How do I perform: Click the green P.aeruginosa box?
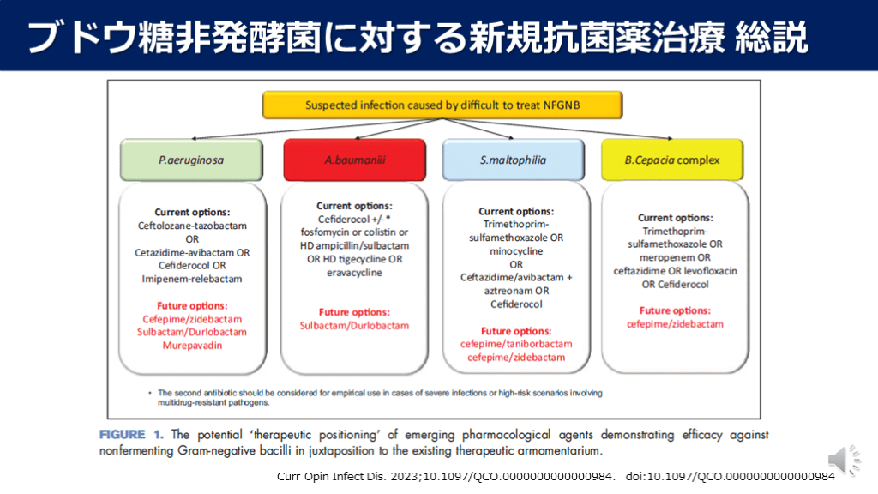(x=191, y=160)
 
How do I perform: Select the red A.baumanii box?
(x=354, y=160)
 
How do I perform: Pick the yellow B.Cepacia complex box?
(x=673, y=160)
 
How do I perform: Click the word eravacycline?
(x=354, y=272)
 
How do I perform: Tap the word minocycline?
(x=515, y=250)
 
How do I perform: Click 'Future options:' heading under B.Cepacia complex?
(x=674, y=310)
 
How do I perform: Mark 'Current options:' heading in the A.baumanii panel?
(x=354, y=206)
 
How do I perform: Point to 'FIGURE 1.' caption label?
(x=133, y=435)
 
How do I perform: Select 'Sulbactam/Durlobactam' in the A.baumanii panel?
(x=354, y=326)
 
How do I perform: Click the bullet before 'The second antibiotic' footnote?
(x=150, y=392)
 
